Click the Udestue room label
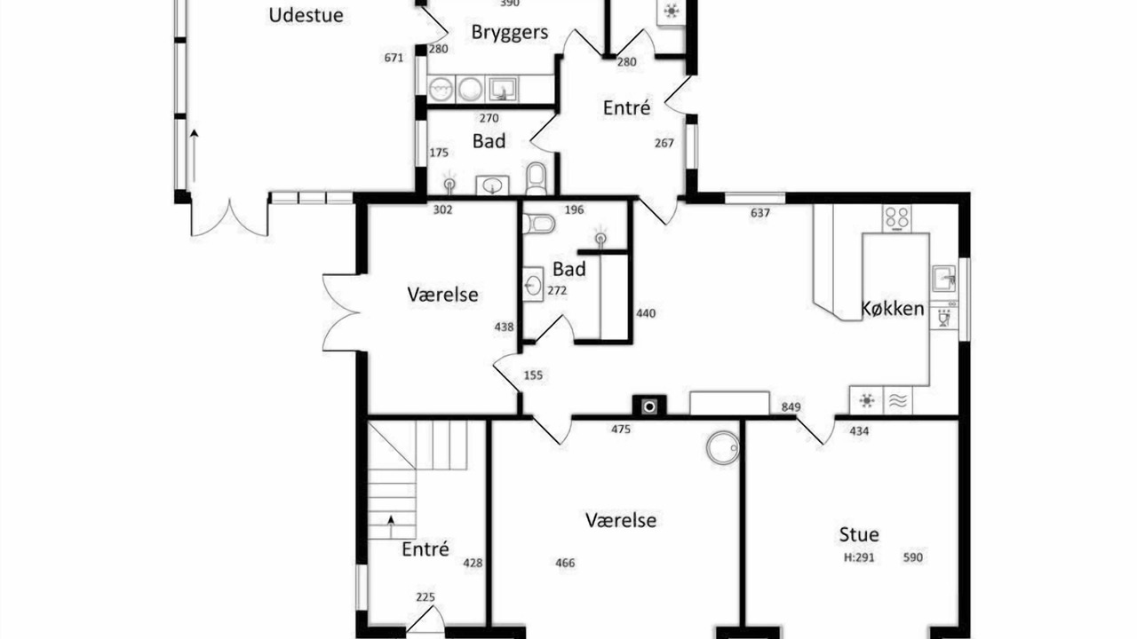[x=306, y=15]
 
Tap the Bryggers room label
[x=510, y=33]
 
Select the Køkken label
[x=893, y=308]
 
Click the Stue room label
[x=859, y=534]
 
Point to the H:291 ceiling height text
[x=859, y=557]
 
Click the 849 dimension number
[x=791, y=406]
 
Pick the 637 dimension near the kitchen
[x=759, y=213]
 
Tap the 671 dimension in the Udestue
[x=394, y=58]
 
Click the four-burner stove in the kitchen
[x=897, y=218]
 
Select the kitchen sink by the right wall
[x=944, y=279]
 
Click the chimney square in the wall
[x=649, y=406]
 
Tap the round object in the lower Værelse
[x=723, y=447]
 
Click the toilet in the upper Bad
[x=536, y=178]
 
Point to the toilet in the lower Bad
[x=538, y=223]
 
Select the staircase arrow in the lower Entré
[x=391, y=526]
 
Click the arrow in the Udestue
[x=194, y=155]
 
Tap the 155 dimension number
[x=533, y=375]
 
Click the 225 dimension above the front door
[x=425, y=597]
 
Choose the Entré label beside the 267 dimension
[x=626, y=108]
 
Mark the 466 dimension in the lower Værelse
[x=565, y=563]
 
